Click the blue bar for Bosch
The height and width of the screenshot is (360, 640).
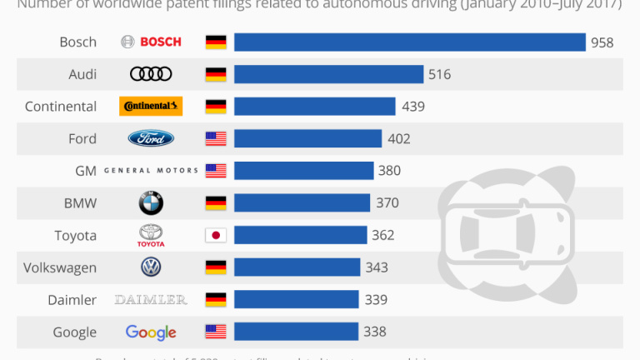click(x=409, y=42)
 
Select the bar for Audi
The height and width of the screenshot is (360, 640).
click(x=328, y=74)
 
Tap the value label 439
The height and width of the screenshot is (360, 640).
click(x=413, y=106)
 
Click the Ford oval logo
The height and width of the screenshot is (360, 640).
click(x=151, y=138)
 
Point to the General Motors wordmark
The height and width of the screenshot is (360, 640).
click(x=151, y=171)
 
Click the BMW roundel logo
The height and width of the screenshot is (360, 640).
click(x=151, y=202)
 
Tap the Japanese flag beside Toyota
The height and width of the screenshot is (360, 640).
click(x=216, y=235)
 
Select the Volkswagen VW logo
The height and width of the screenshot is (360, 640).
click(x=151, y=267)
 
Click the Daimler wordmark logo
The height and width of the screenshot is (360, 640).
click(x=151, y=299)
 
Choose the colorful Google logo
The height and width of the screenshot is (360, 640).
click(x=151, y=332)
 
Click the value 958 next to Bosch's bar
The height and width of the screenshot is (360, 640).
click(x=602, y=42)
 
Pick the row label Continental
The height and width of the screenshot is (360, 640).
click(x=61, y=106)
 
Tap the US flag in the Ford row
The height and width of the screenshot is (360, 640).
click(x=216, y=138)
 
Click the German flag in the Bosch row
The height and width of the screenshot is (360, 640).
click(x=216, y=42)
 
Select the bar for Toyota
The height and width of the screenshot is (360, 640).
click(x=300, y=235)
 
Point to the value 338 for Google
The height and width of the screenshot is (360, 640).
click(x=374, y=332)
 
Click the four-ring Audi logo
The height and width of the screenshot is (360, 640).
click(x=151, y=74)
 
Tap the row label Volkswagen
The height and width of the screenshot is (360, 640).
click(x=60, y=267)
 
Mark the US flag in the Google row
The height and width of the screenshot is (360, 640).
click(x=216, y=332)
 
